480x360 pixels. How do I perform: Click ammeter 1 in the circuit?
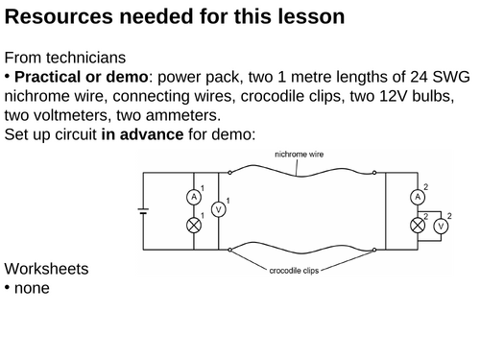click(x=194, y=197)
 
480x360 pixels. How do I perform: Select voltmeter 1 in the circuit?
click(x=219, y=209)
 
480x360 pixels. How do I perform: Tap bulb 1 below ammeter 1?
click(x=194, y=226)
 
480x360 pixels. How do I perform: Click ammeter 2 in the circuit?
click(x=418, y=197)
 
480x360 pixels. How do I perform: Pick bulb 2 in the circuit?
click(x=418, y=226)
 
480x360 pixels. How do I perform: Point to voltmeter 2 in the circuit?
click(x=441, y=227)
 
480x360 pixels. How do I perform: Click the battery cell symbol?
click(x=143, y=211)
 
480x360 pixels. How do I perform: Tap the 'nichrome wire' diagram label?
click(x=300, y=155)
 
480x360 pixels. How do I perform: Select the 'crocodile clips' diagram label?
click(x=294, y=271)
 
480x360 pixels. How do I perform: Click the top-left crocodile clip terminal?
click(x=229, y=173)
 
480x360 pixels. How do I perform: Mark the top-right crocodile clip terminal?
click(x=374, y=173)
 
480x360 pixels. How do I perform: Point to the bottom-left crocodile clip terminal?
click(x=229, y=250)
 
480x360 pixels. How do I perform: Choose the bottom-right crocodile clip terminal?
click(x=374, y=250)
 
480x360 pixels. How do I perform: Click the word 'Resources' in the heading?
click(x=59, y=16)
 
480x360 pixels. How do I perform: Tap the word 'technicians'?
click(x=85, y=58)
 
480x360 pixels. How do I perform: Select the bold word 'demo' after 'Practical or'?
click(x=127, y=77)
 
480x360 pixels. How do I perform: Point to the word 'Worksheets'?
click(x=46, y=269)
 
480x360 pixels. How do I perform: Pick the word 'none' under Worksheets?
click(x=32, y=288)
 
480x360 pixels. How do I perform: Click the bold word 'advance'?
click(x=152, y=134)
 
